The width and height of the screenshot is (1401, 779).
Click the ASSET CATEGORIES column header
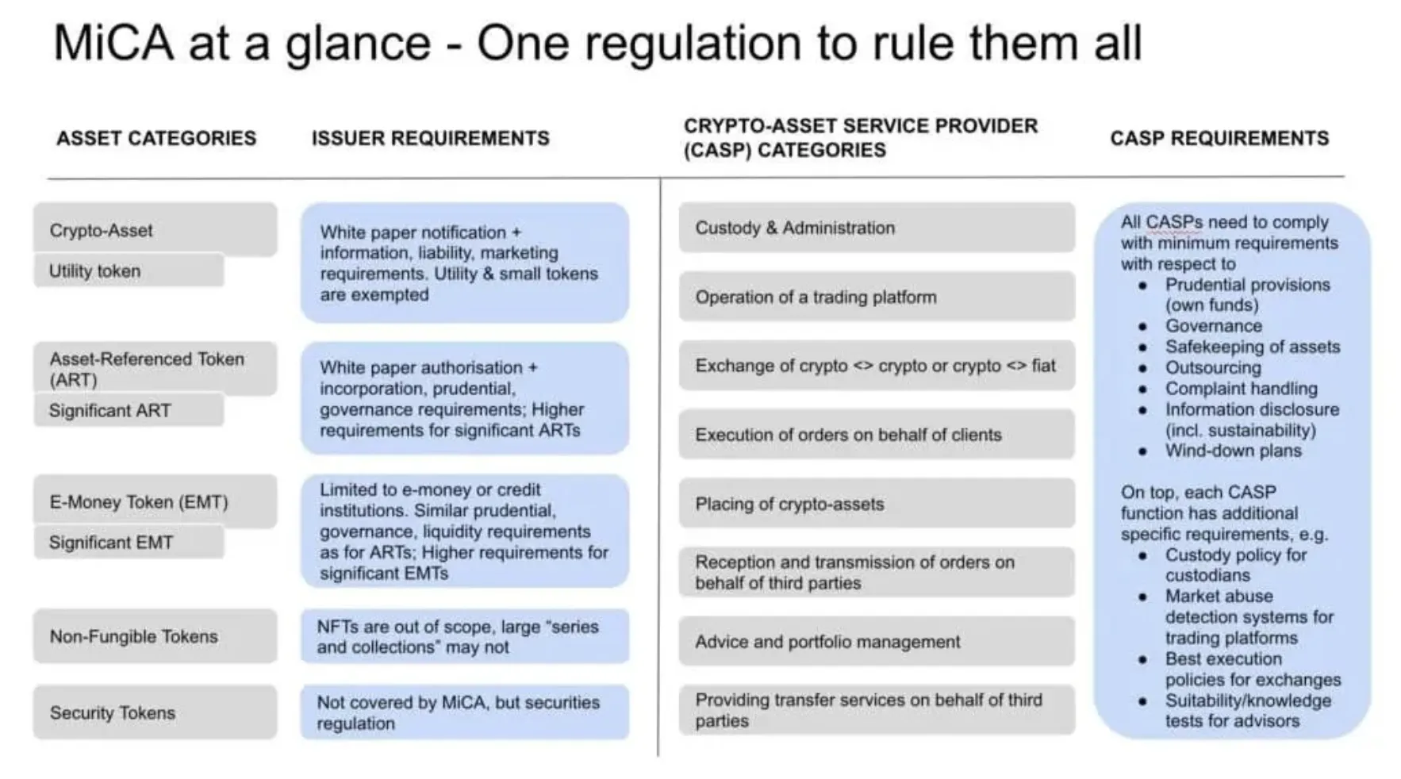click(156, 138)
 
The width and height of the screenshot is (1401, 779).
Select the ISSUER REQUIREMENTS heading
click(430, 138)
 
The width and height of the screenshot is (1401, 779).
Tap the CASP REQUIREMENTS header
click(1219, 138)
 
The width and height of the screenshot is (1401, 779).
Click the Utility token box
click(129, 271)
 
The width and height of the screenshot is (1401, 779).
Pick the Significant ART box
click(129, 410)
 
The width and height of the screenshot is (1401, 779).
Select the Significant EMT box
click(129, 543)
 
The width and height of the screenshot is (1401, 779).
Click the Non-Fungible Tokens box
click(155, 636)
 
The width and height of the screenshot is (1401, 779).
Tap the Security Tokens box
click(155, 712)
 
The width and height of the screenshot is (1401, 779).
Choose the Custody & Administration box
click(877, 228)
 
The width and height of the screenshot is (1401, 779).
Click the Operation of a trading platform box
click(877, 297)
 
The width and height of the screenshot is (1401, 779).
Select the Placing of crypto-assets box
click(877, 504)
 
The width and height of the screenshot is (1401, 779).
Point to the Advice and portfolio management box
click(877, 641)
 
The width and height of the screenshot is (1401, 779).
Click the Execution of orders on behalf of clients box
click(877, 435)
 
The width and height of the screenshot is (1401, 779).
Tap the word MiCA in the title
click(113, 43)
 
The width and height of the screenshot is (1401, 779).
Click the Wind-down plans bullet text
click(1233, 451)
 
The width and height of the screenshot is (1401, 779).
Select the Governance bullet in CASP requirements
click(1213, 326)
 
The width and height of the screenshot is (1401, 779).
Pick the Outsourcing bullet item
click(1213, 367)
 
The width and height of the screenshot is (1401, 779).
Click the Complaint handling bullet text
click(1241, 389)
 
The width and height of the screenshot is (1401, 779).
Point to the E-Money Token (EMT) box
click(155, 501)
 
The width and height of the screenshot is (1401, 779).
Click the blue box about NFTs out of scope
click(465, 636)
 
